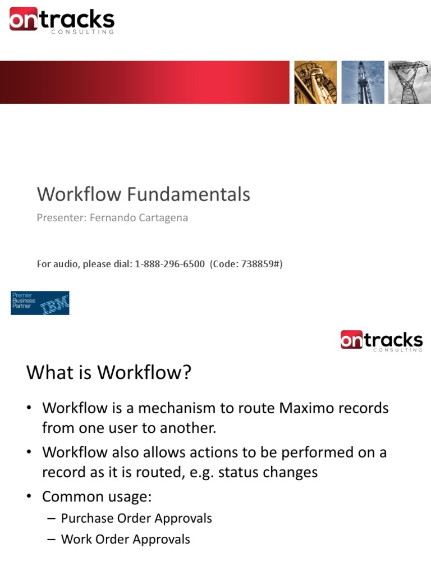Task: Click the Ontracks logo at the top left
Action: pos(62,21)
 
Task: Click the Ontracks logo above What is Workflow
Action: pos(381,341)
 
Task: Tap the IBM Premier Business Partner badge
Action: pos(40,303)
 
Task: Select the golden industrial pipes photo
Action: pos(316,83)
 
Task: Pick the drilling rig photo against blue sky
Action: pos(363,83)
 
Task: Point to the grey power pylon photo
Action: pos(409,83)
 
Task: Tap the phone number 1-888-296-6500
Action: pos(169,264)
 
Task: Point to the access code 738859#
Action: pos(260,264)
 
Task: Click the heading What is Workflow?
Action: pos(109,372)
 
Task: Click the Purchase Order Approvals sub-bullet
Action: pos(136,518)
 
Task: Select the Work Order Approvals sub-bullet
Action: pos(126,540)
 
